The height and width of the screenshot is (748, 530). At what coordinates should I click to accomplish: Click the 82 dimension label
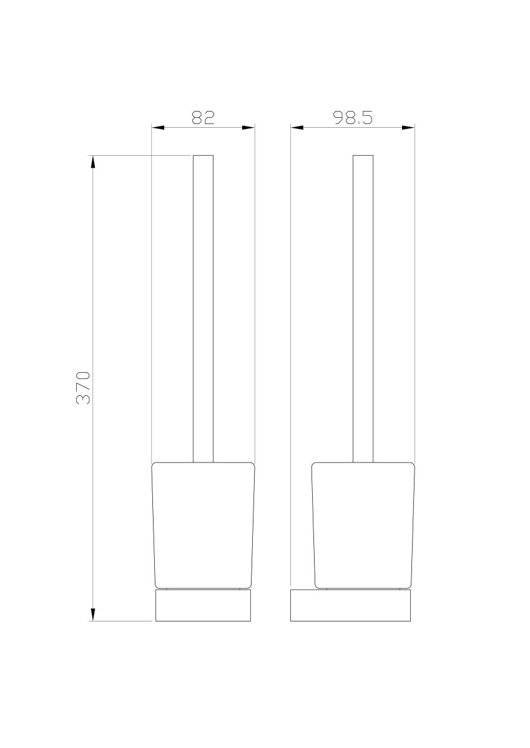pyautogui.click(x=203, y=118)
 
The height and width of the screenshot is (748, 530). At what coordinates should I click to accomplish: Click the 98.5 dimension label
pyautogui.click(x=353, y=118)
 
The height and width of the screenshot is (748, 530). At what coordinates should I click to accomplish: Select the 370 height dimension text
pyautogui.click(x=83, y=388)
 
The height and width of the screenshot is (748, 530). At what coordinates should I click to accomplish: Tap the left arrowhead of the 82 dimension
pyautogui.click(x=158, y=127)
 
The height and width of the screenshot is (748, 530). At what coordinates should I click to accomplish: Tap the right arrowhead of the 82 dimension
pyautogui.click(x=248, y=127)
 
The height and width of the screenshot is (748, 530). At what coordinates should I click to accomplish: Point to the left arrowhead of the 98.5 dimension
pyautogui.click(x=297, y=127)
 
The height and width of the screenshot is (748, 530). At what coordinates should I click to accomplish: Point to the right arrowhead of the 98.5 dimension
pyautogui.click(x=408, y=127)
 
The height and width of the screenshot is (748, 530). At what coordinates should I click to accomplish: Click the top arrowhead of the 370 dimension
pyautogui.click(x=93, y=161)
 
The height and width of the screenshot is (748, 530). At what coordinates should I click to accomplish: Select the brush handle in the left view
pyautogui.click(x=203, y=309)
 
